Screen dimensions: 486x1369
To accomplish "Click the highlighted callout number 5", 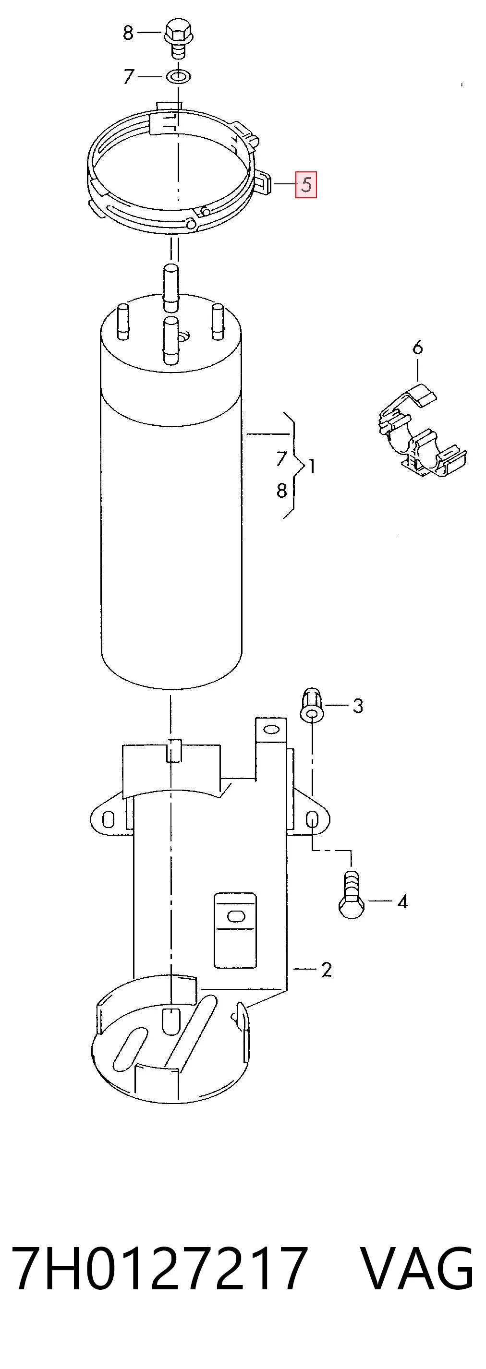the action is click(306, 184).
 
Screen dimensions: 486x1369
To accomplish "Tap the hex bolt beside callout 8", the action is click(177, 38).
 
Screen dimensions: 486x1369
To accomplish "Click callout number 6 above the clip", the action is click(417, 348).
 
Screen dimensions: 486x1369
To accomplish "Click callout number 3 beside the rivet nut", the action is click(358, 706).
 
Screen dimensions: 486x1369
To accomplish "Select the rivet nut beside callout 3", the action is click(312, 704).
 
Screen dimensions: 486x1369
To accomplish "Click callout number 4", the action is click(402, 901).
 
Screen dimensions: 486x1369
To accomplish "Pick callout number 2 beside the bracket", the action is click(326, 970).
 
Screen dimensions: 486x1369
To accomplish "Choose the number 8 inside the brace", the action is click(282, 490).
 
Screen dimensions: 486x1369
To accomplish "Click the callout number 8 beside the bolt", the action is click(128, 33).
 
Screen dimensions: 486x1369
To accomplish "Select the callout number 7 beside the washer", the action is click(128, 77).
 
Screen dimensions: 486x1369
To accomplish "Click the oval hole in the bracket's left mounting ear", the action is click(108, 819).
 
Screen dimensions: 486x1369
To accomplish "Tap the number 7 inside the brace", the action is click(282, 458).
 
